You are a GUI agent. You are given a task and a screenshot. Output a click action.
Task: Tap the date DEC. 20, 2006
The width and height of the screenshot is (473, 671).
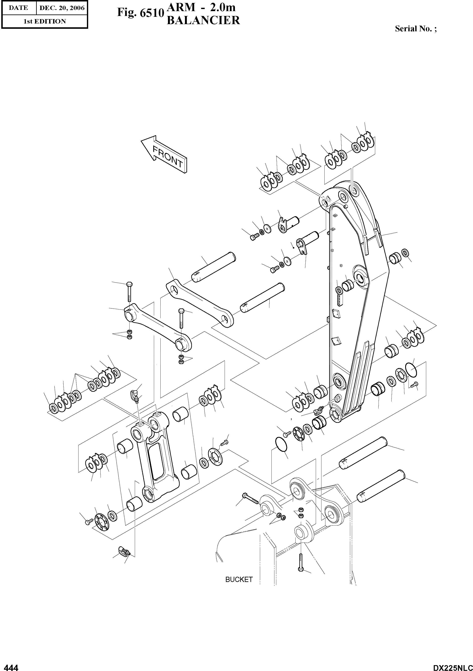pos(62,8)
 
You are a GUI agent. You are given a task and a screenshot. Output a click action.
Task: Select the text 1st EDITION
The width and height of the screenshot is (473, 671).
pos(45,21)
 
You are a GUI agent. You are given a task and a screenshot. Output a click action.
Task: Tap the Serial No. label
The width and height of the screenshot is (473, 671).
pos(416,29)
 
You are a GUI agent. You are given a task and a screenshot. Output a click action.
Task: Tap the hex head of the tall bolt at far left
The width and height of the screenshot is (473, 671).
pos(129,284)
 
